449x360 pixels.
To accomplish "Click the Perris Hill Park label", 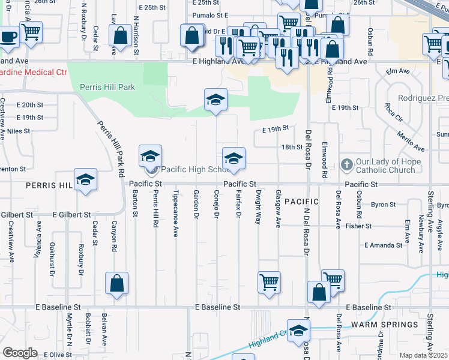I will (107, 87).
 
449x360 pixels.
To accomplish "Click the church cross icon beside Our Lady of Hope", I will (346, 164).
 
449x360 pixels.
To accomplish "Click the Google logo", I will (20, 352).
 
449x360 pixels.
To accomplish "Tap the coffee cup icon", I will (8, 36).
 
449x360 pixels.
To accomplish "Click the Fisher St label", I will (359, 226).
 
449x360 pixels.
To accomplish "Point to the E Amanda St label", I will (383, 245).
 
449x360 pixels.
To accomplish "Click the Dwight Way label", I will (258, 207).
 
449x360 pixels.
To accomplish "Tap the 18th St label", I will (292, 147).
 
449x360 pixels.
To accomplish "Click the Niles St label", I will (19, 130).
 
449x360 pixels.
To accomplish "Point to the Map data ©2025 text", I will (424, 356).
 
